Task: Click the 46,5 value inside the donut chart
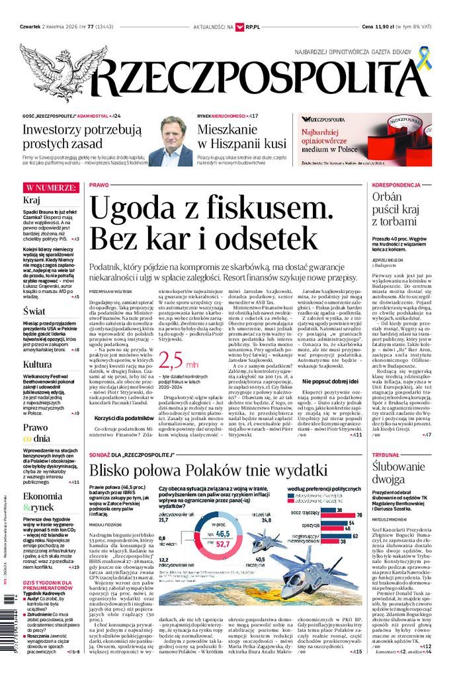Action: [x=222, y=533]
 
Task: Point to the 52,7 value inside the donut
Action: [x=224, y=544]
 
